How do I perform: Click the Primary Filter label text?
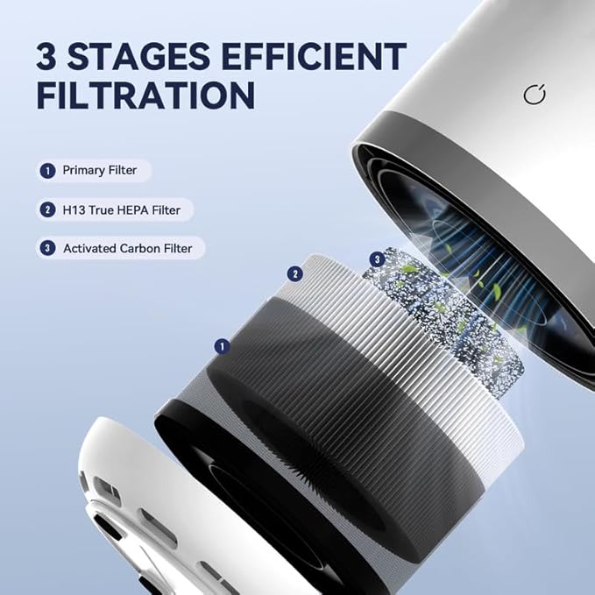tap(99, 171)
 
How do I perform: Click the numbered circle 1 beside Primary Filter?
tap(46, 171)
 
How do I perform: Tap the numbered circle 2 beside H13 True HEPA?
tap(46, 210)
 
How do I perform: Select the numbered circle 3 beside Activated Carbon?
tap(46, 249)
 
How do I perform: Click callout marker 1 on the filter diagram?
tap(222, 347)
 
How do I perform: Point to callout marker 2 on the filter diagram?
tap(295, 274)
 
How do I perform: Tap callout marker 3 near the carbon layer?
tap(377, 259)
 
